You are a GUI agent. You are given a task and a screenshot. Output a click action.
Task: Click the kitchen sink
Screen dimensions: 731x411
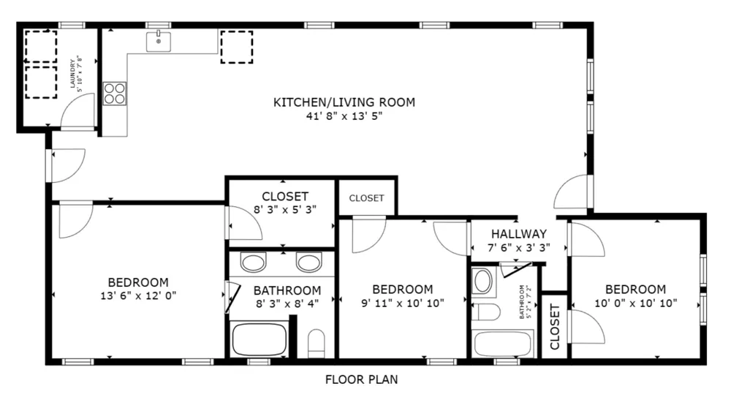pyautogui.click(x=159, y=42)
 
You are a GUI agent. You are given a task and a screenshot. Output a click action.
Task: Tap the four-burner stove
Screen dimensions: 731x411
pyautogui.click(x=115, y=94)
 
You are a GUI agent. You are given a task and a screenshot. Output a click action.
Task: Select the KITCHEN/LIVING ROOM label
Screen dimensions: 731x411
pyautogui.click(x=344, y=102)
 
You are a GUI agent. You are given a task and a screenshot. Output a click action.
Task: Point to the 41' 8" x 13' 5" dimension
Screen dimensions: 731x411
pyautogui.click(x=344, y=116)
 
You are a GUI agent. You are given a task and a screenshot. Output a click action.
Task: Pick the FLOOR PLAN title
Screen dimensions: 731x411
pyautogui.click(x=362, y=380)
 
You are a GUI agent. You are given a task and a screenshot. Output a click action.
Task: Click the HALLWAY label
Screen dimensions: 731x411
pyautogui.click(x=519, y=234)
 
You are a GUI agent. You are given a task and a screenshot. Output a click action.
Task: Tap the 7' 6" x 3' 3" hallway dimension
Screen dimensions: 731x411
pyautogui.click(x=519, y=248)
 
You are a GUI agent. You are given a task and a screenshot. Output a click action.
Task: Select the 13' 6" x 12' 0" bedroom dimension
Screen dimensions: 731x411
pyautogui.click(x=138, y=295)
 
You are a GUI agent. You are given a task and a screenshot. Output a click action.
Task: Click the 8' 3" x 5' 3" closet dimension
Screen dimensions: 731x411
pyautogui.click(x=285, y=210)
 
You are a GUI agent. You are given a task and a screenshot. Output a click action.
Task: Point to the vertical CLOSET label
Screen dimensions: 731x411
pyautogui.click(x=554, y=327)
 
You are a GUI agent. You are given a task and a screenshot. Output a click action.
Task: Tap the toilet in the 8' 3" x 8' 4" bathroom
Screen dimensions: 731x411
pyautogui.click(x=317, y=343)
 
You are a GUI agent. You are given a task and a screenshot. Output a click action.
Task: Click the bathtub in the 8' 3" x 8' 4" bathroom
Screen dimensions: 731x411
pyautogui.click(x=260, y=339)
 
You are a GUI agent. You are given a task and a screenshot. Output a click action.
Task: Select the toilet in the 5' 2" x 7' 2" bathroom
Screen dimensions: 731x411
pyautogui.click(x=486, y=312)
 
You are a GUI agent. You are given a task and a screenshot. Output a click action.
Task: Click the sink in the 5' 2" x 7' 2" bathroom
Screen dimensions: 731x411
pyautogui.click(x=482, y=282)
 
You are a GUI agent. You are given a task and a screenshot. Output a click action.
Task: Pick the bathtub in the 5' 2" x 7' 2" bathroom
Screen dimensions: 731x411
pyautogui.click(x=503, y=344)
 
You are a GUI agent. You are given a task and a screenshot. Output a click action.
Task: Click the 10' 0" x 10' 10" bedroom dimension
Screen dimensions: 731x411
pyautogui.click(x=636, y=303)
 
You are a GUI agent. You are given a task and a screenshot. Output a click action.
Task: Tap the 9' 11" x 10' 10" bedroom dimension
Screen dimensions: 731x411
pyautogui.click(x=403, y=303)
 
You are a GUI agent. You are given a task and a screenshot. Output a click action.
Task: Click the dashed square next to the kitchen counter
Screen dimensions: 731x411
pyautogui.click(x=237, y=47)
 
